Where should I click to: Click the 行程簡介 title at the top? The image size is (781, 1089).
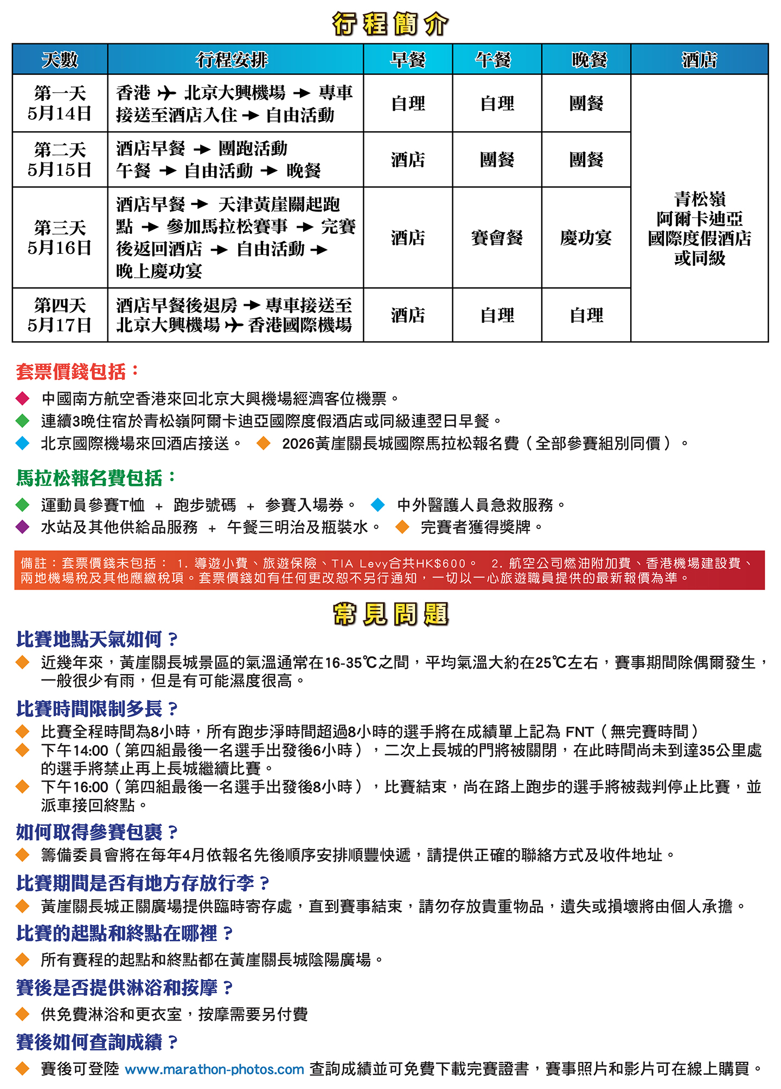pos(390,24)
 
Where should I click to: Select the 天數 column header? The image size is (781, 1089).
pos(60,60)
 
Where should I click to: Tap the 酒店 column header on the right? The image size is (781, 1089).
pos(699,60)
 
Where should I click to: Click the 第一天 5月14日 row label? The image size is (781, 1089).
pos(60,103)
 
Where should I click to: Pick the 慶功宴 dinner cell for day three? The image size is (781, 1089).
pos(586,238)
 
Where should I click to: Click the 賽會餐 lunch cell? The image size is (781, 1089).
pos(497,238)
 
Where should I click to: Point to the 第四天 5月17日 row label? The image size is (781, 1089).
pos(60,315)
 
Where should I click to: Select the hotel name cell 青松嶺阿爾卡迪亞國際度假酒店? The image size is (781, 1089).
pos(699,228)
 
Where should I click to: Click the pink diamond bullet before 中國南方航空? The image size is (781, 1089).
pos(23,399)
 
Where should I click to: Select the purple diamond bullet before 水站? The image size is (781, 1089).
pos(23,527)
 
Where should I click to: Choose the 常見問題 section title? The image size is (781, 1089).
pos(390,614)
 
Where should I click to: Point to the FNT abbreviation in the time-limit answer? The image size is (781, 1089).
pos(579,732)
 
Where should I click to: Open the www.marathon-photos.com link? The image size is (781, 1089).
pos(214,1069)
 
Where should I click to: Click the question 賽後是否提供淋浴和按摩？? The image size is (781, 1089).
pos(124,988)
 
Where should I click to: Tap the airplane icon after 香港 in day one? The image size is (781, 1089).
pos(167,94)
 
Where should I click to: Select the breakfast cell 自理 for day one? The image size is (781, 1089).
pos(408,103)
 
